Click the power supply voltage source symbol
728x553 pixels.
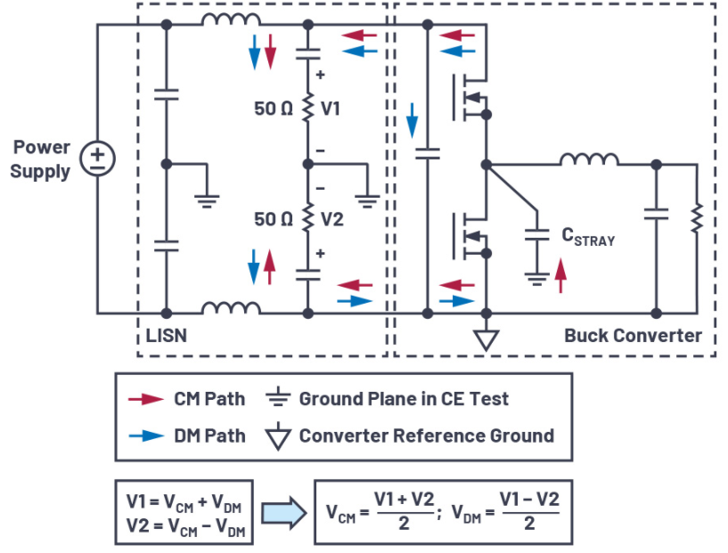click(x=97, y=159)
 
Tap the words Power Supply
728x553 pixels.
click(x=40, y=159)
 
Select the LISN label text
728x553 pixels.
click(x=167, y=336)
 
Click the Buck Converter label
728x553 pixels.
click(x=633, y=336)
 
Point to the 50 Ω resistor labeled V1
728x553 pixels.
click(x=307, y=109)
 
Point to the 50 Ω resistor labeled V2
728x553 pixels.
click(x=307, y=218)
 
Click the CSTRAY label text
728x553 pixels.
click(x=588, y=237)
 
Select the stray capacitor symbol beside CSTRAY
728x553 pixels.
click(x=536, y=235)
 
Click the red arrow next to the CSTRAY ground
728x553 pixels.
click(x=560, y=275)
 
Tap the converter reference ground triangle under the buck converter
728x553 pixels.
click(x=487, y=339)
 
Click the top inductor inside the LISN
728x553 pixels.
click(x=231, y=20)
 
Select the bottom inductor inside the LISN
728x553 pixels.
click(x=231, y=308)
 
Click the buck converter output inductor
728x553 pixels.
click(x=589, y=159)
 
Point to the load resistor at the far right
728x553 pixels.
click(x=697, y=218)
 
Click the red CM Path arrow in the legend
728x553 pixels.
click(x=146, y=399)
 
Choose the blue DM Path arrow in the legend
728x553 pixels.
click(x=146, y=436)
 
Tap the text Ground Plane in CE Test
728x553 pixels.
click(x=404, y=399)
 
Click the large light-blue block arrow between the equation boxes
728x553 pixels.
click(x=283, y=513)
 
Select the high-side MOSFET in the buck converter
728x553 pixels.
click(x=470, y=98)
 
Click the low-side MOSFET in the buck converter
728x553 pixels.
click(x=470, y=237)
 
